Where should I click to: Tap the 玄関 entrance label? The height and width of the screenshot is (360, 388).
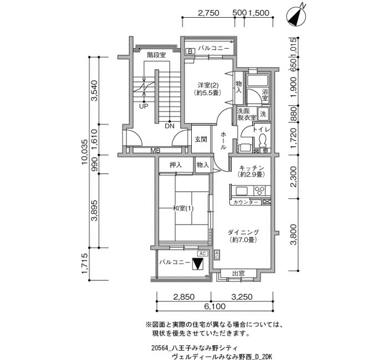(x=201, y=140)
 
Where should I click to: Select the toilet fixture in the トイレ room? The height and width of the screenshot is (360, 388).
(x=262, y=140)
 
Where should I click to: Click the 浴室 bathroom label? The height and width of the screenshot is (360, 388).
(x=265, y=95)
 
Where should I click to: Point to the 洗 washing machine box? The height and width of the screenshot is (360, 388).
(x=263, y=114)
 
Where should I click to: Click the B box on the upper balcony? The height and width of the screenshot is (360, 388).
(x=190, y=52)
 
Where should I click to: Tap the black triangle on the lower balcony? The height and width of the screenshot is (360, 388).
(x=197, y=264)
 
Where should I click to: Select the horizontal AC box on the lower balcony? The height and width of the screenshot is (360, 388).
(x=202, y=254)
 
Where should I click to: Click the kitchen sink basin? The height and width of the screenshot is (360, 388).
(x=241, y=191)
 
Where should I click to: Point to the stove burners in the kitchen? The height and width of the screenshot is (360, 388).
(x=259, y=191)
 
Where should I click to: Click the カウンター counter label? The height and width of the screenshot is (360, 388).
(x=246, y=202)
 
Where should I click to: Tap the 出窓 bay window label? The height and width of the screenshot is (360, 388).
(x=238, y=274)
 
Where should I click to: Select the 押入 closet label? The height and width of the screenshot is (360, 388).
(x=176, y=165)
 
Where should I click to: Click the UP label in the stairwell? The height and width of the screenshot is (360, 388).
(x=144, y=106)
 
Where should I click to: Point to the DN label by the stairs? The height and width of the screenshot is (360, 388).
(x=170, y=126)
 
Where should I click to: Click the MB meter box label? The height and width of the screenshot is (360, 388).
(x=155, y=150)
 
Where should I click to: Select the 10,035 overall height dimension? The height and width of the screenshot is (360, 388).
(x=84, y=152)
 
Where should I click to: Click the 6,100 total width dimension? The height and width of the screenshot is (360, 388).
(x=215, y=307)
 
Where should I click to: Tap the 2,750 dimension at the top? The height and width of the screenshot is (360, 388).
(x=208, y=13)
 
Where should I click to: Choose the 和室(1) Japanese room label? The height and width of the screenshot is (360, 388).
(x=183, y=209)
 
